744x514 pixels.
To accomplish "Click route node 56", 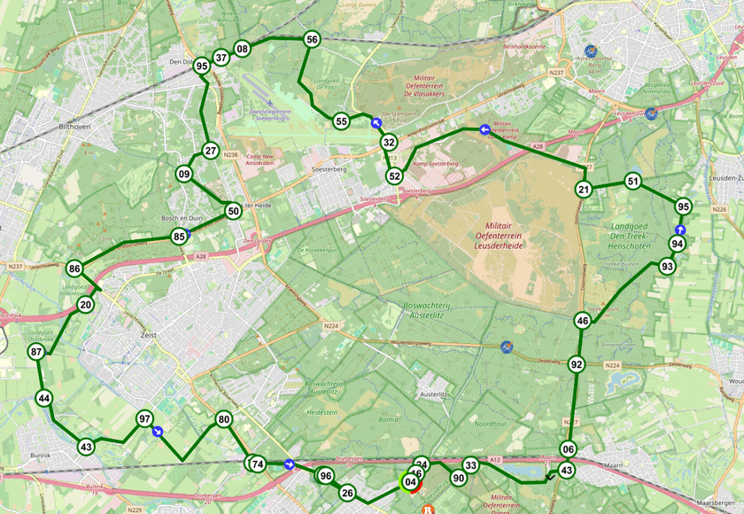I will pos(312,39).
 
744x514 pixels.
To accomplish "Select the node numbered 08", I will pos(243,48).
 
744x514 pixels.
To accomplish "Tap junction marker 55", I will pos(341,121).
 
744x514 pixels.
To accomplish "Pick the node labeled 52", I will pos(394,175).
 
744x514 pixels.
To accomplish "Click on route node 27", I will pos(210,151).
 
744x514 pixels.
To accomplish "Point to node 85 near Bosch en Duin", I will pos(180,237).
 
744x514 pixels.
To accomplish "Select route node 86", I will pos(74,269).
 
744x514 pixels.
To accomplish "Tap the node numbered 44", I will pos(44,398).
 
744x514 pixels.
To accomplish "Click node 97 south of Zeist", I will pos(144,418).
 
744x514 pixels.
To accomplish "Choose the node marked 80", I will pos(223,419).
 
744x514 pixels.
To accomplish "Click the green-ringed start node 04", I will pos(409,482).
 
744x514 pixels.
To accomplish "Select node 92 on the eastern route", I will pos(577,364).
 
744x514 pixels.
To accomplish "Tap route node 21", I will pos(584,189).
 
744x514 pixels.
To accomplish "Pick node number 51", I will pos(632,181).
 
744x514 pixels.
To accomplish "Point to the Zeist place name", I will pos(148,335).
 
